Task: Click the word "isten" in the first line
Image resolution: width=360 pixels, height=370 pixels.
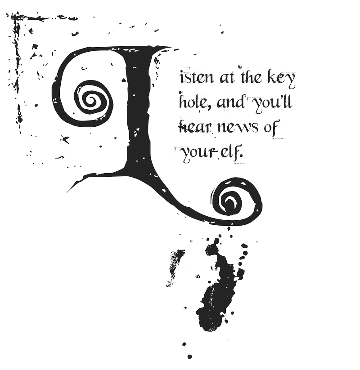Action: click(191, 79)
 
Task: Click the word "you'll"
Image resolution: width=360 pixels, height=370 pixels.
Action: click(272, 104)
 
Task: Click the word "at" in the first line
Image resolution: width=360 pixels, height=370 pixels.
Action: click(226, 79)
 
